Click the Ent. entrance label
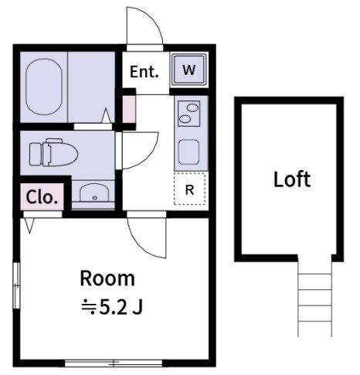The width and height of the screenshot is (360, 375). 144,73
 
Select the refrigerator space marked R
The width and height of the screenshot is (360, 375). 189,189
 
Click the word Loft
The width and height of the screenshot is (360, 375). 292,180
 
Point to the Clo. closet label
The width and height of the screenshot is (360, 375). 42,197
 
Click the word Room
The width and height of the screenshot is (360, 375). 107,278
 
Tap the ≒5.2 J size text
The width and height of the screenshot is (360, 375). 113,307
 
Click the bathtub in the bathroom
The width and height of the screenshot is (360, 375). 44,87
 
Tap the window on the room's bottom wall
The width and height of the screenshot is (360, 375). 114,363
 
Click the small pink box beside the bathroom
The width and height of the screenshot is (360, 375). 129,109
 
